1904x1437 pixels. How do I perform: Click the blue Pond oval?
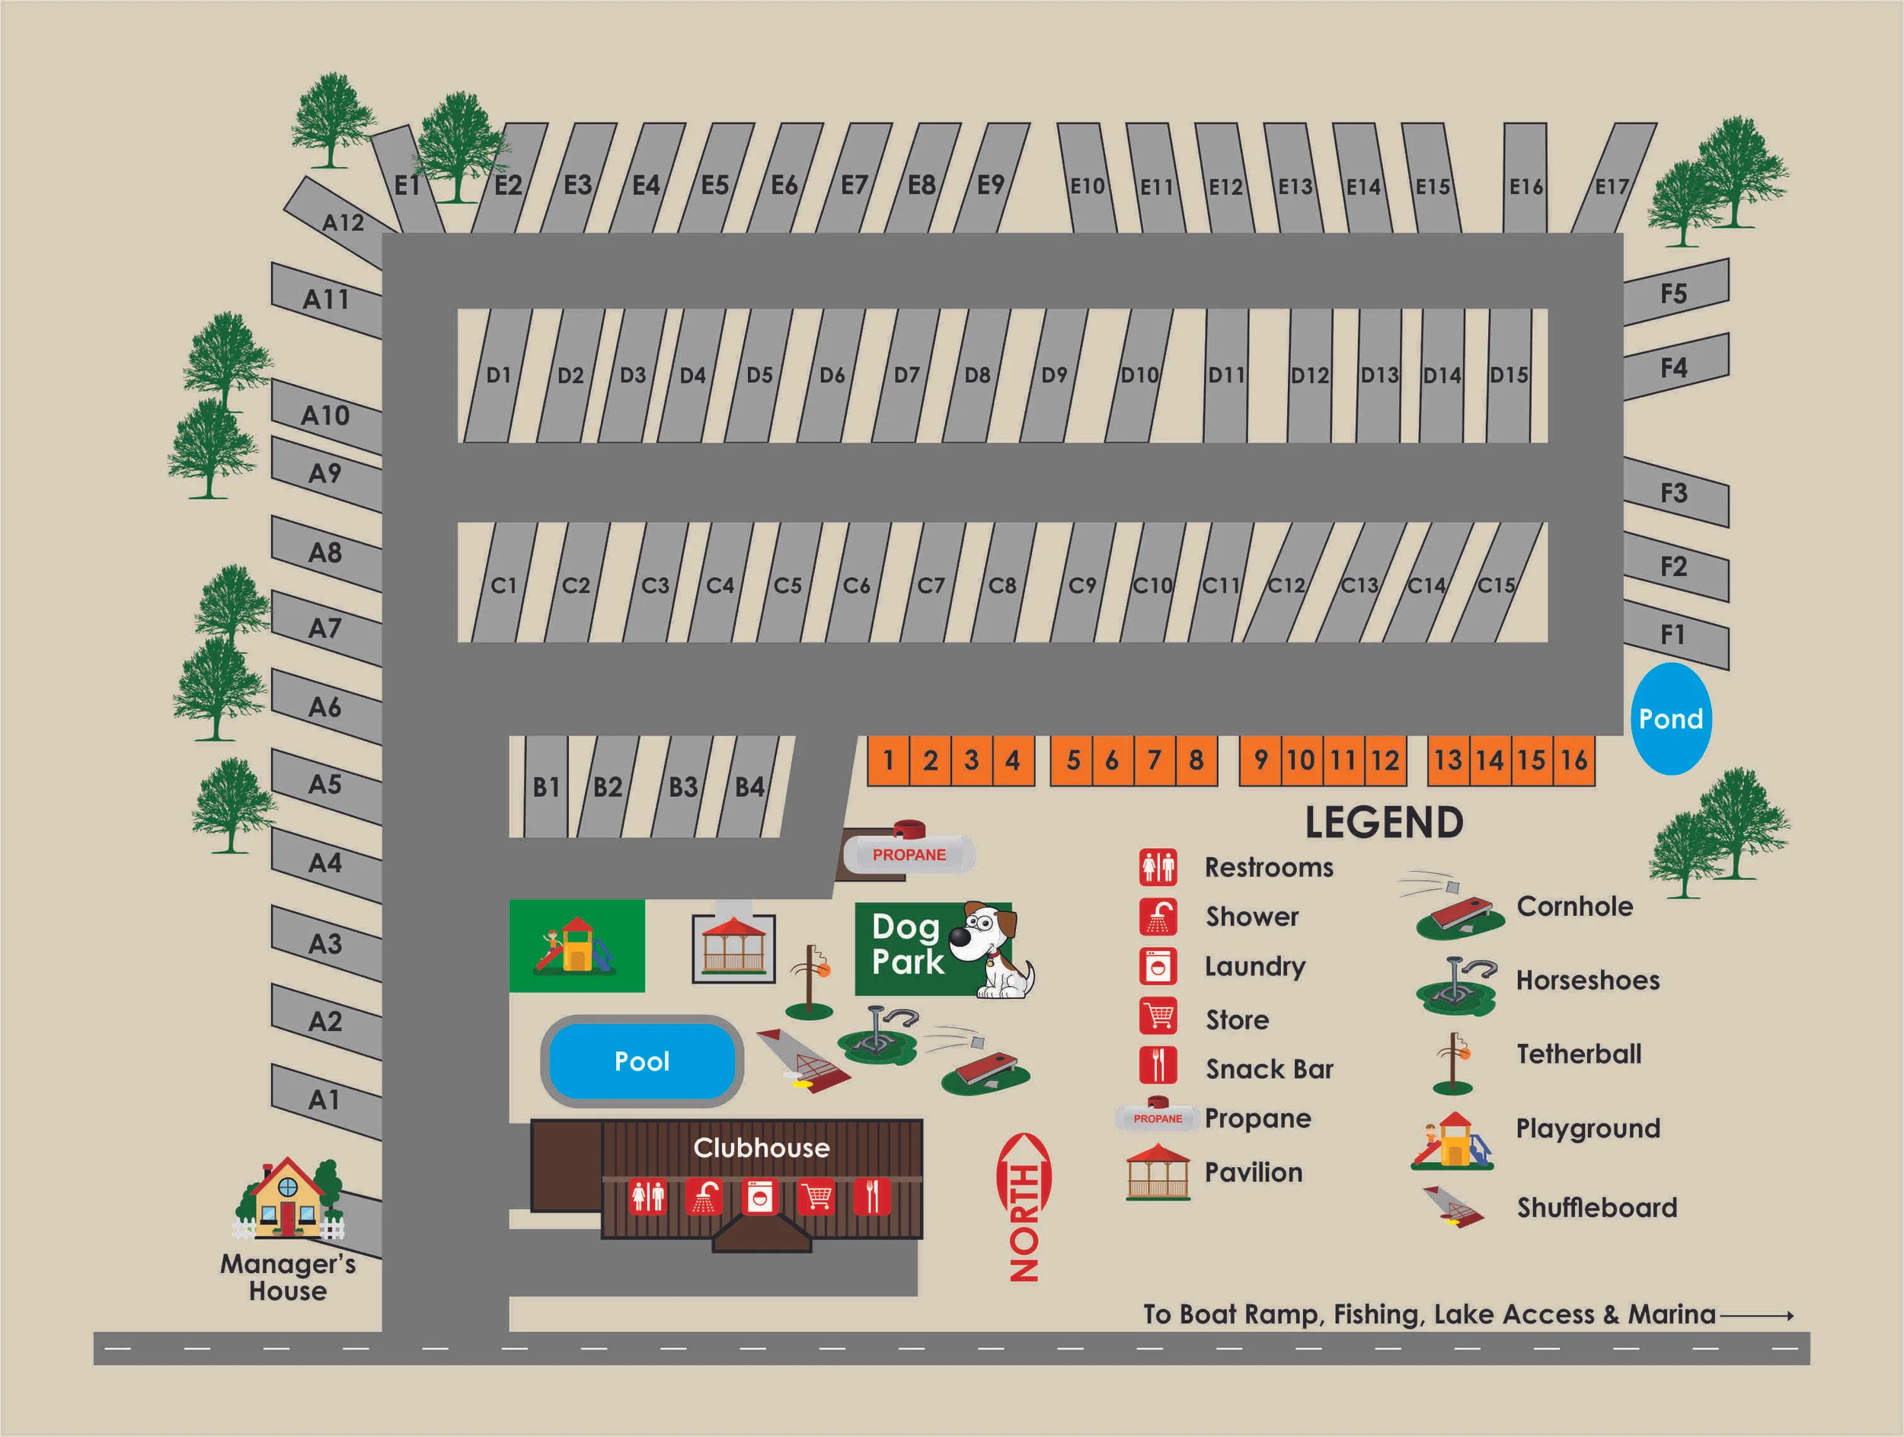point(1671,718)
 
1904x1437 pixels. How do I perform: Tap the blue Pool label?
point(641,1061)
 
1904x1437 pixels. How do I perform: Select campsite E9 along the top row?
point(991,184)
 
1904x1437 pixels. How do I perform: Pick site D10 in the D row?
point(1139,375)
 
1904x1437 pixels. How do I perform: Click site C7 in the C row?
point(931,585)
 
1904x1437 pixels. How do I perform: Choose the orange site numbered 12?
point(1385,760)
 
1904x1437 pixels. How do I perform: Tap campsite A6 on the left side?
point(325,707)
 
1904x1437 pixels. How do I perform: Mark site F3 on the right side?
point(1673,492)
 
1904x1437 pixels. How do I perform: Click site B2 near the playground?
point(608,786)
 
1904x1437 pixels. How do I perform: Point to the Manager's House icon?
point(287,1198)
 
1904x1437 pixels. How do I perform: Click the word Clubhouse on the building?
point(761,1147)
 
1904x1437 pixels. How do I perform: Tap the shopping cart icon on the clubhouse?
point(815,1197)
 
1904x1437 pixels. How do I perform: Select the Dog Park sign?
point(932,948)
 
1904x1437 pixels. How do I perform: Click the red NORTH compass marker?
point(1024,1206)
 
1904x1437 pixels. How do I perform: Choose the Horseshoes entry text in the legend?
point(1587,980)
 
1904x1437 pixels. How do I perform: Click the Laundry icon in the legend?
point(1158,966)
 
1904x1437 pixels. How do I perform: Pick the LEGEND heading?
point(1383,822)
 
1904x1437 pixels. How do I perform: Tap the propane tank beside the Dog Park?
point(909,853)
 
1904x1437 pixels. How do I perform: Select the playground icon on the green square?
point(576,946)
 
